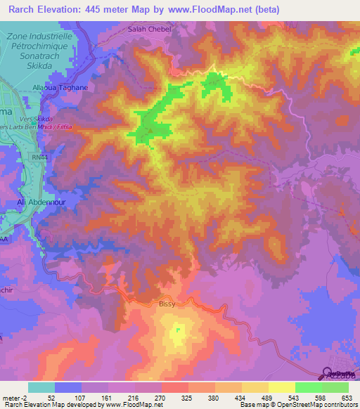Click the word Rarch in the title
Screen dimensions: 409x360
(x=20, y=9)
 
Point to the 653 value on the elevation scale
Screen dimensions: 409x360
(x=347, y=398)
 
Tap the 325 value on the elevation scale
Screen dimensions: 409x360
(x=187, y=398)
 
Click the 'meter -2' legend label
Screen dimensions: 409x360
(x=14, y=398)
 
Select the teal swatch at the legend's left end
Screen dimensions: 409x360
(x=41, y=387)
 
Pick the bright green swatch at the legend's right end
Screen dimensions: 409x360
(x=335, y=387)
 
